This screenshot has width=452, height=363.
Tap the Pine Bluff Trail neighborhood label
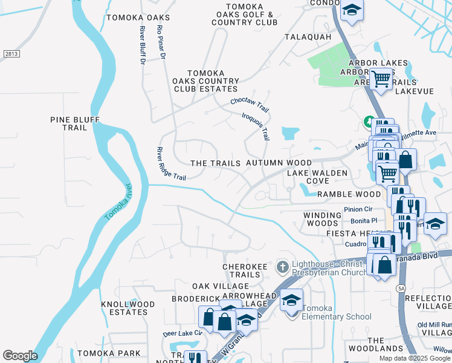coord(75,123)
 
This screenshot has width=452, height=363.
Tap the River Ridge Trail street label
coord(171,163)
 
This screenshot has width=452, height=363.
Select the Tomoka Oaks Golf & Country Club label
coord(244,15)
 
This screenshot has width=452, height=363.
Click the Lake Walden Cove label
coord(317,177)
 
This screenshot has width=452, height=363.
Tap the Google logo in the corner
coord(20,356)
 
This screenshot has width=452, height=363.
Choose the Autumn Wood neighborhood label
coord(279,163)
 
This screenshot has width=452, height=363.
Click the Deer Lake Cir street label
coord(182,334)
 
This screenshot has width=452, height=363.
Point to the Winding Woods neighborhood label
coord(323,219)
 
